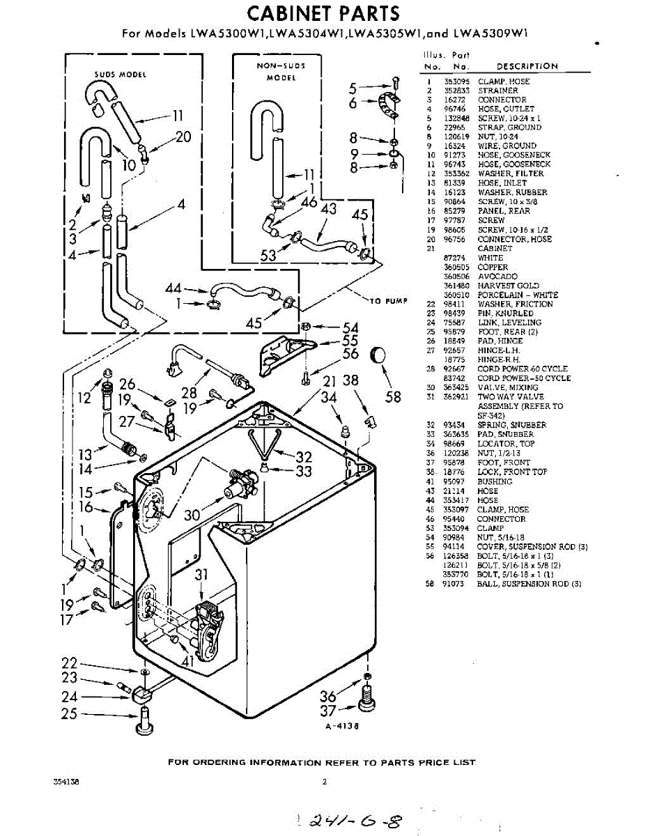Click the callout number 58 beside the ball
[394, 396]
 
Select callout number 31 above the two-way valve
[201, 575]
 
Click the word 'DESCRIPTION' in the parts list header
[527, 66]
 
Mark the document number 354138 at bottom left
[65, 782]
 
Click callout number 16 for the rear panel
[86, 507]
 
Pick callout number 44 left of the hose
[173, 288]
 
